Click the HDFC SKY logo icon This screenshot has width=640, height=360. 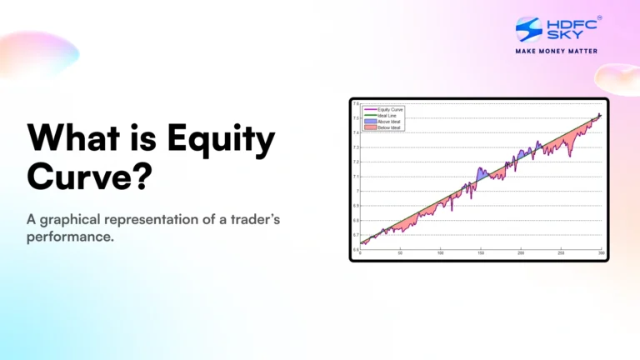pos(528,29)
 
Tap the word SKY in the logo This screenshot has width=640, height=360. pos(561,36)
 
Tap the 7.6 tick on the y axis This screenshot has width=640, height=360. pos(356,104)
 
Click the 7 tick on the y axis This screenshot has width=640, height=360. pos(357,191)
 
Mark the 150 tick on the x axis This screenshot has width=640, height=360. pos(481,252)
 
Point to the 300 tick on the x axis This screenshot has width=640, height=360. pos(601,252)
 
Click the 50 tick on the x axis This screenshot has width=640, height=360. pos(401,252)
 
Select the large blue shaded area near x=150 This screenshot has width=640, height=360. pos(481,175)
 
